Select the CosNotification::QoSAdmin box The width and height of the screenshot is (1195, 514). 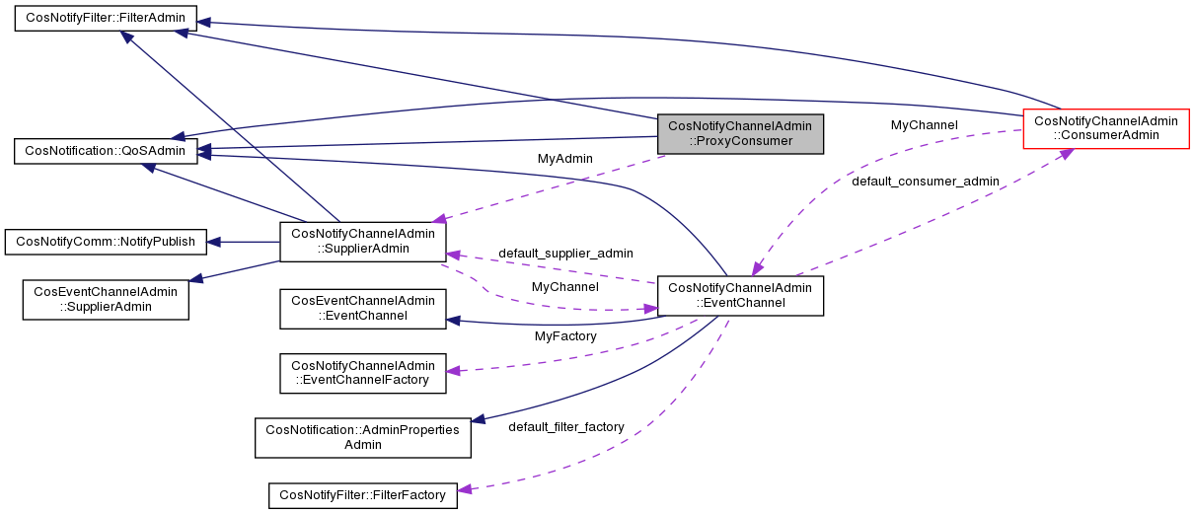(x=106, y=151)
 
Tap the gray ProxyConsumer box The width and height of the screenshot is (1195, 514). (x=739, y=133)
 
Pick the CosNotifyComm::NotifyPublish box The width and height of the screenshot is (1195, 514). (x=106, y=242)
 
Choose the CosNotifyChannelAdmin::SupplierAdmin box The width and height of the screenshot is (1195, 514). (x=362, y=241)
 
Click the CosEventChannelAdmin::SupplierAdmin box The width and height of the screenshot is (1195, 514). (x=106, y=299)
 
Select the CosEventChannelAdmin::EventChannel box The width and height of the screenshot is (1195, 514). (x=362, y=308)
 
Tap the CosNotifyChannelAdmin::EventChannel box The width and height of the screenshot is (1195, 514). (x=739, y=295)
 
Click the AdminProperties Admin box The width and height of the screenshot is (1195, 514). (x=362, y=437)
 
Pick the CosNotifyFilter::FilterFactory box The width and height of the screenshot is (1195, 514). (x=362, y=494)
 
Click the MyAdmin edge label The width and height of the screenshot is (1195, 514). (x=564, y=158)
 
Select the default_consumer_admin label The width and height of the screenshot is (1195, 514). (x=925, y=182)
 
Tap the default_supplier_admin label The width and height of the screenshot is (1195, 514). (x=565, y=254)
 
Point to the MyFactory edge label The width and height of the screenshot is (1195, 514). (x=565, y=336)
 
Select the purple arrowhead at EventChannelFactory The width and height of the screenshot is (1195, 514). (x=454, y=371)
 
